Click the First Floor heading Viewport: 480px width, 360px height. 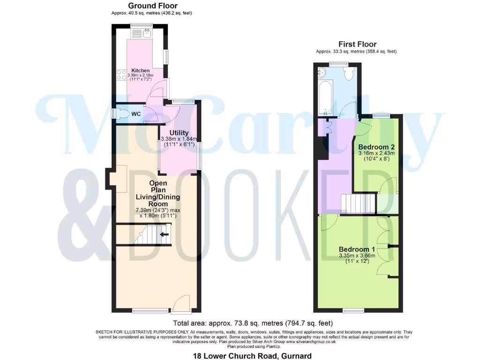(357, 45)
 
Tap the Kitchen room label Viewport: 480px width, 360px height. (140, 71)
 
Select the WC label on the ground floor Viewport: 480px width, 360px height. (136, 114)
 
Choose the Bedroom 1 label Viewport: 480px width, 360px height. (357, 249)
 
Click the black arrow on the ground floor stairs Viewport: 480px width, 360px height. (165, 234)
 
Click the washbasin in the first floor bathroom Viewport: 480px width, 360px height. (322, 72)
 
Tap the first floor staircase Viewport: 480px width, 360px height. (358, 203)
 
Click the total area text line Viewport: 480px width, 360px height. (253, 323)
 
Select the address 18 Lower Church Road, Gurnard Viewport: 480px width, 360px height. (252, 356)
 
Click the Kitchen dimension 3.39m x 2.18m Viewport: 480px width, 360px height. (140, 76)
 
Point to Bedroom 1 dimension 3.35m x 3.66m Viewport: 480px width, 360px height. (357, 255)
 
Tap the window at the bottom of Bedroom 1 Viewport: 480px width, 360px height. (352, 311)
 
